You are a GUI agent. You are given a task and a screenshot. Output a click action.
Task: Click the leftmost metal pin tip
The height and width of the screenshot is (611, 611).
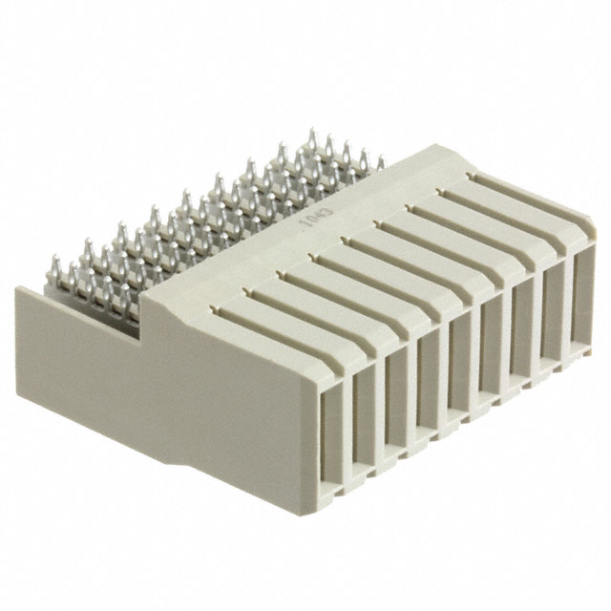click(53, 259)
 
